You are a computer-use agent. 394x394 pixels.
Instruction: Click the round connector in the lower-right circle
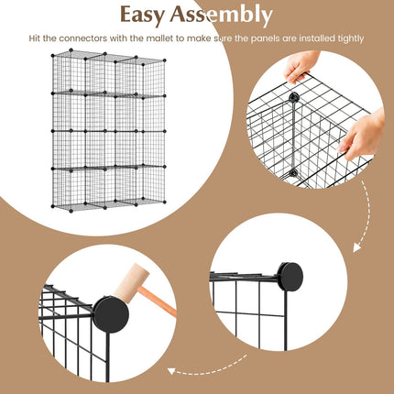pos(290,276)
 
